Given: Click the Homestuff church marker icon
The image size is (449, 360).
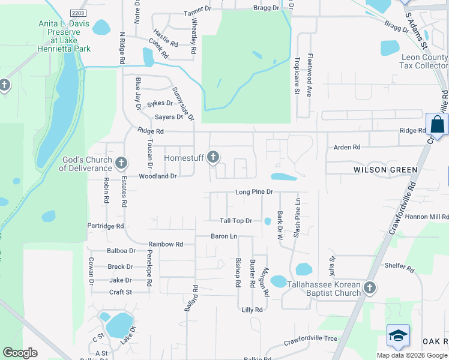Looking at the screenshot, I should click(212, 158).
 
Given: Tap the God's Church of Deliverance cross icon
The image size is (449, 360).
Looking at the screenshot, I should click(121, 163).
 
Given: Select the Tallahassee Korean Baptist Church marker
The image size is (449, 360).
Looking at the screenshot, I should click(369, 288).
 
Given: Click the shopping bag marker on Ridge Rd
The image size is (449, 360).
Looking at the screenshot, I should click(437, 126).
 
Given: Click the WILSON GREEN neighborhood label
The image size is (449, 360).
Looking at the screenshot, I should click(385, 170).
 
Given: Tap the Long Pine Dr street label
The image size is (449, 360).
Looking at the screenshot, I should click(254, 192).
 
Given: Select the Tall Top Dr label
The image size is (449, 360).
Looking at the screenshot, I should click(235, 221).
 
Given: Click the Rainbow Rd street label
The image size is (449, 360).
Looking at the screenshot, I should click(166, 244).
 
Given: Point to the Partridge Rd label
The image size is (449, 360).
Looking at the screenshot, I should click(105, 226).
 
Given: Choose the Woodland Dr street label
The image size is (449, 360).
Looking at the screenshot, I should click(157, 176).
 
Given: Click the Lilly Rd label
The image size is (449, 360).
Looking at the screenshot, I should click(252, 310).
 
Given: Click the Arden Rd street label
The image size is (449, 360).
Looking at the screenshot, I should click(347, 147).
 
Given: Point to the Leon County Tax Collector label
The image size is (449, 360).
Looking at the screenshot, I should click(424, 62).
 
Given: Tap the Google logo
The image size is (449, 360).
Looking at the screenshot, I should click(20, 352).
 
